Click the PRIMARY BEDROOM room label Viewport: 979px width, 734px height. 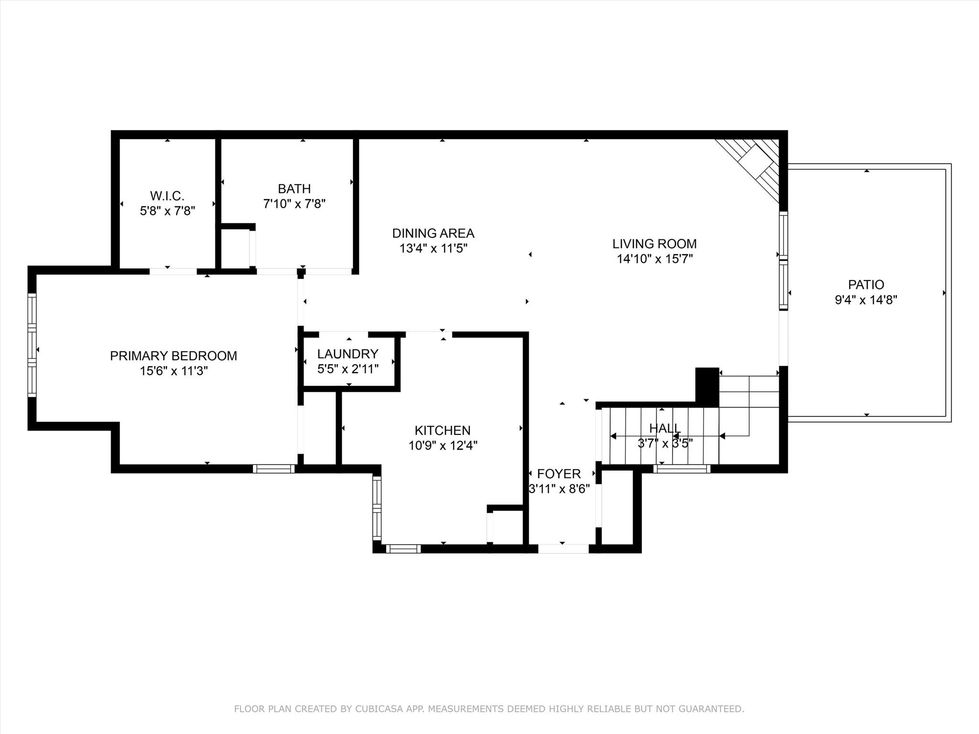coord(174,356)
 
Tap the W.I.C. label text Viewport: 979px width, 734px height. coord(167,195)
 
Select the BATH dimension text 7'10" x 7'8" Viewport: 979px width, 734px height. coord(294,204)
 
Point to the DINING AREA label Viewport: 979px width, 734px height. coord(433,233)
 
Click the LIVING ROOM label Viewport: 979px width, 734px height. coord(654,244)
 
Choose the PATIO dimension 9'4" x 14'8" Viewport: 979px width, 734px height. coord(866,300)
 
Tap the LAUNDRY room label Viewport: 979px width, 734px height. coord(348,354)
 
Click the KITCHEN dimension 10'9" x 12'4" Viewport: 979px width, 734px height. coord(443,446)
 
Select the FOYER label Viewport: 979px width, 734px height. coord(559,474)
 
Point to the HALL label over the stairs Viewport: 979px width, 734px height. coord(664,428)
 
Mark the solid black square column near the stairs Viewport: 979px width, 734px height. coord(707,385)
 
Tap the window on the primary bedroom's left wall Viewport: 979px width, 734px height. coord(32,345)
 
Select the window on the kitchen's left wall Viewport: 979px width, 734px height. coord(377,508)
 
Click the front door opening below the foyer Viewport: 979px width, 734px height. coord(563,549)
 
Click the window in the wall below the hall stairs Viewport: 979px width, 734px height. coord(682,469)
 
